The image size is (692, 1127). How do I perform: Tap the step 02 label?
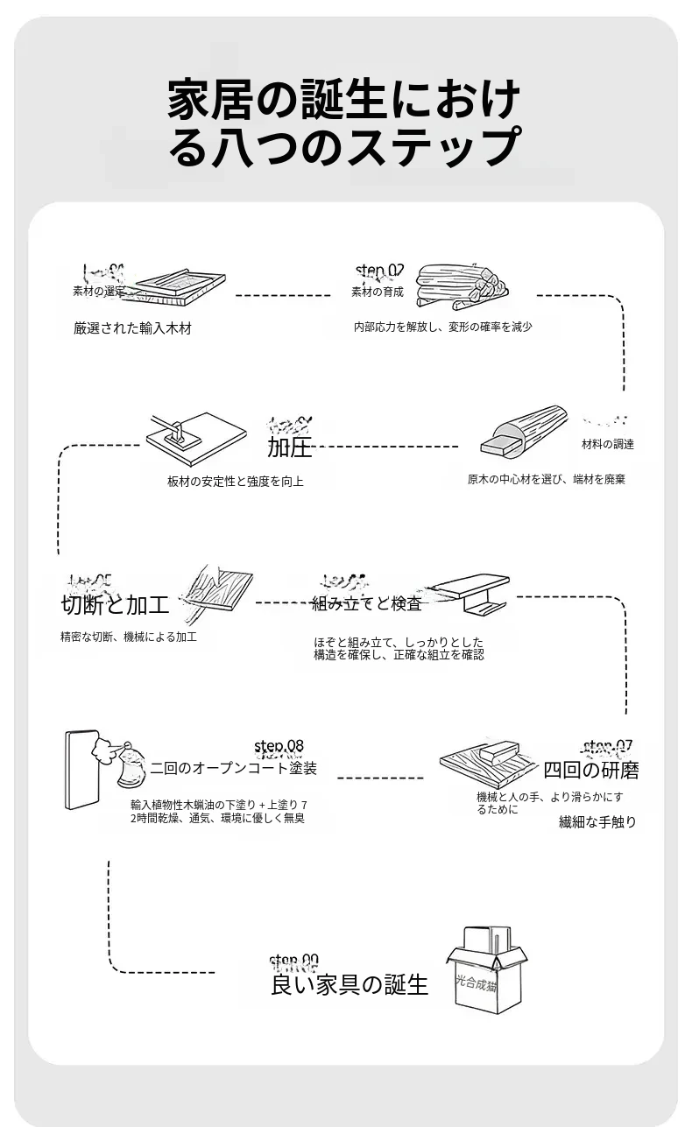[380, 270]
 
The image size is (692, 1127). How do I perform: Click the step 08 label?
[279, 746]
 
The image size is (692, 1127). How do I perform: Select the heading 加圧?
[290, 448]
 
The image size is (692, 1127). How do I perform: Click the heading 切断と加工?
[115, 605]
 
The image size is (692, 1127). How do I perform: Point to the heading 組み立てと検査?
[366, 603]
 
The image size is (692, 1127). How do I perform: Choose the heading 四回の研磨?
[590, 771]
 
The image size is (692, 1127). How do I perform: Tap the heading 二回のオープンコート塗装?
[233, 769]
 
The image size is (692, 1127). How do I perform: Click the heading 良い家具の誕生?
[350, 984]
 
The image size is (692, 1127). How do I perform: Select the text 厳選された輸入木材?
[132, 329]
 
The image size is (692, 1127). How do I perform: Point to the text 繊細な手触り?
[597, 822]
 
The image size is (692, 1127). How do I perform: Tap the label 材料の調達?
[607, 444]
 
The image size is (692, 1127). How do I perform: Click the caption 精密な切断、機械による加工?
[128, 637]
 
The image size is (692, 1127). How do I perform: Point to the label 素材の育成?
[378, 292]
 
